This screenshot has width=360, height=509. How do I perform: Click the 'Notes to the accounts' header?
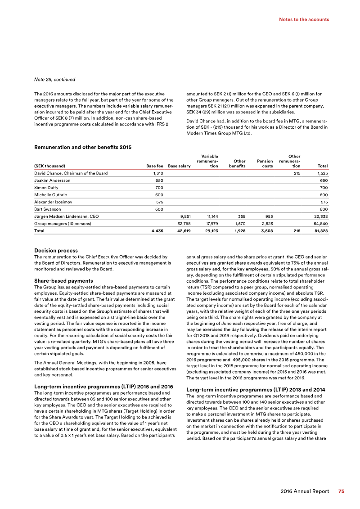pyautogui.click(x=304, y=19)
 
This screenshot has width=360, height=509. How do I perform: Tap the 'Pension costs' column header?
pyautogui.click(x=265, y=163)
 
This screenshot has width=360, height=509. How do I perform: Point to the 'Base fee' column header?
pyautogui.click(x=154, y=166)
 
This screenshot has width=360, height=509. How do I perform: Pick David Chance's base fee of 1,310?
pyautogui.click(x=157, y=173)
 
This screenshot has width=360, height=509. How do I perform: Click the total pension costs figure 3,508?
pyautogui.click(x=266, y=230)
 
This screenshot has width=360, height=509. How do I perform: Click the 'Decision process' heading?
pyautogui.click(x=56, y=251)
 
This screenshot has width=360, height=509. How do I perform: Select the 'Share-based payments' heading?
pyautogui.click(x=63, y=281)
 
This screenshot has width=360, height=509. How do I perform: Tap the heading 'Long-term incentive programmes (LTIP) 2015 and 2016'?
pyautogui.click(x=104, y=387)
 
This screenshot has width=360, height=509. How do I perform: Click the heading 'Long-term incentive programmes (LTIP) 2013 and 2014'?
pyautogui.click(x=256, y=389)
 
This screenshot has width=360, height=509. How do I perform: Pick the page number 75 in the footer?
pyautogui.click(x=342, y=491)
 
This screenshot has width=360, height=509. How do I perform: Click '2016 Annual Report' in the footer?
pyautogui.click(x=304, y=491)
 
